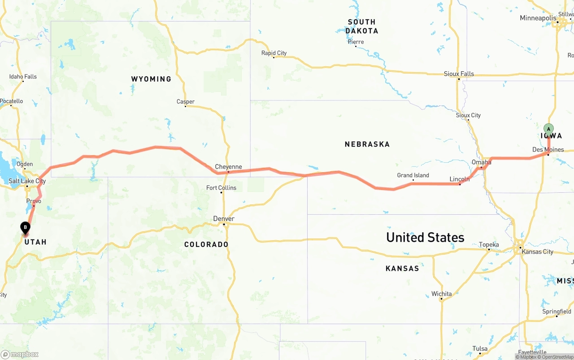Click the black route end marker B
(x=26, y=228)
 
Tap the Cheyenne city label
(x=228, y=167)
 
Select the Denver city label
(x=224, y=219)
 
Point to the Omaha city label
(x=481, y=162)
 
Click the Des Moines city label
(x=548, y=149)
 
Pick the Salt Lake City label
(x=27, y=181)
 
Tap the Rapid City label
(x=274, y=53)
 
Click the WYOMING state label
(x=151, y=79)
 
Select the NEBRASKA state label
(x=367, y=144)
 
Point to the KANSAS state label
(x=402, y=269)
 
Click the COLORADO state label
(x=206, y=244)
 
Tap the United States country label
(x=425, y=237)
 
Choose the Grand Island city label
(x=413, y=175)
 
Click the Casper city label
(x=186, y=102)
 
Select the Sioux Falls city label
(x=459, y=74)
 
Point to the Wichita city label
(x=442, y=294)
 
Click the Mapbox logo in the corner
(x=20, y=354)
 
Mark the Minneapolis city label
(x=537, y=18)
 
